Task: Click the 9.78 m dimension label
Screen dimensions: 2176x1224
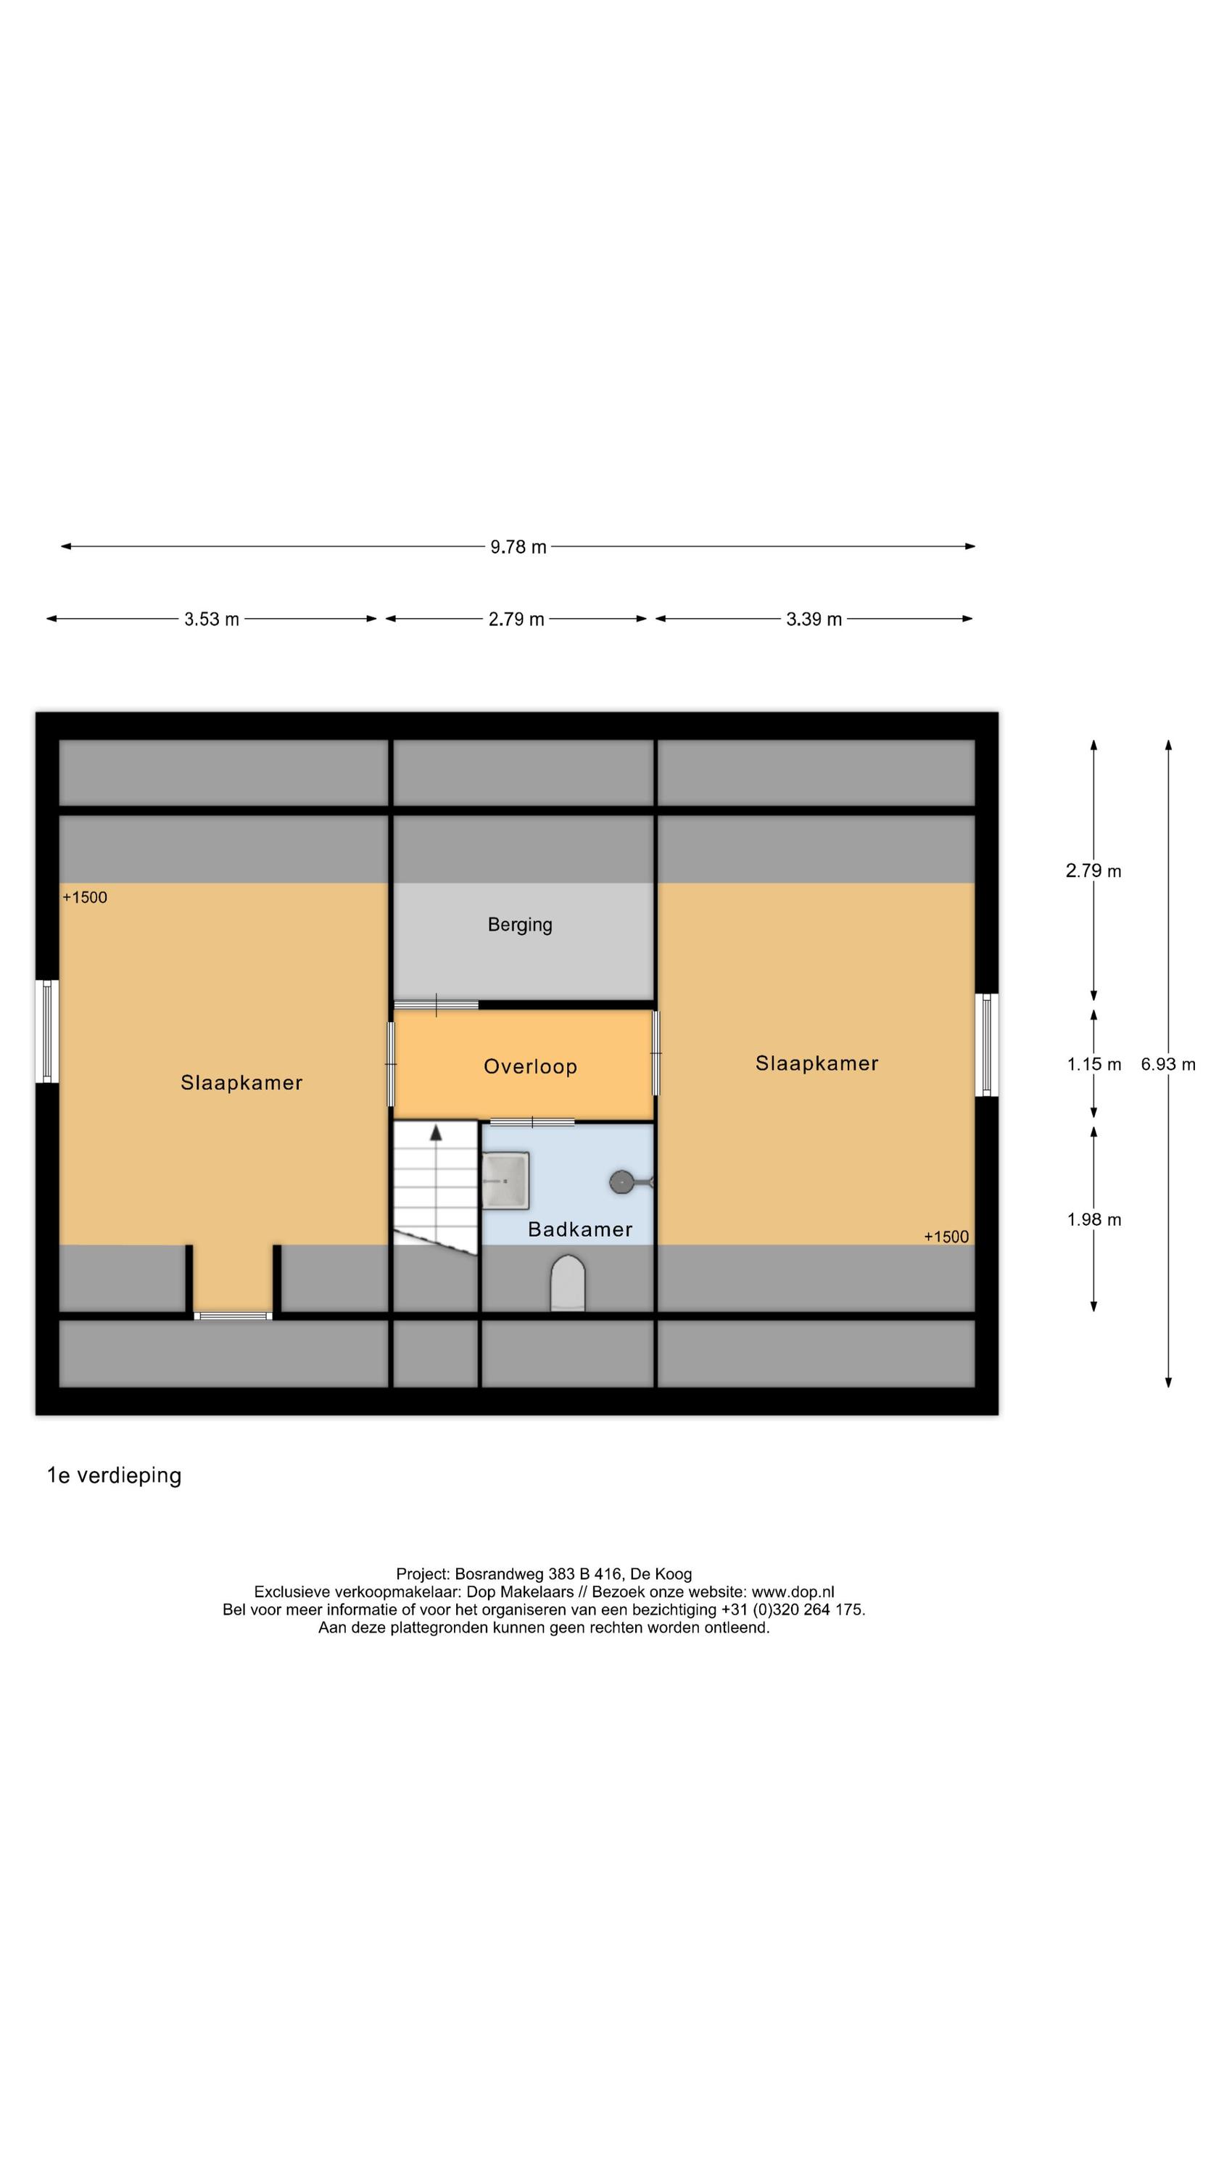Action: (x=518, y=546)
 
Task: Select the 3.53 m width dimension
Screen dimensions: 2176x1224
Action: (x=211, y=619)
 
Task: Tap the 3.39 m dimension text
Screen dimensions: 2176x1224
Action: (x=813, y=619)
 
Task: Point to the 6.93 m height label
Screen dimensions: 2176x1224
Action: (x=1167, y=1064)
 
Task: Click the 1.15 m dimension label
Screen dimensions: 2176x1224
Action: (x=1093, y=1064)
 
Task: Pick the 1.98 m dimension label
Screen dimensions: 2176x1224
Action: (x=1093, y=1219)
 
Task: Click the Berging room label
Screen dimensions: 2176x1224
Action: (x=519, y=924)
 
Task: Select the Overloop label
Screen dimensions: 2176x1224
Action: (x=529, y=1066)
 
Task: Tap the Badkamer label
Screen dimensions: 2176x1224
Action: (x=579, y=1229)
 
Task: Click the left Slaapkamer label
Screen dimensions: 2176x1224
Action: (x=241, y=1082)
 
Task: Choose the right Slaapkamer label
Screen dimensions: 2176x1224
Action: (x=816, y=1063)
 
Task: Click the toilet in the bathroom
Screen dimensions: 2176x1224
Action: (x=567, y=1284)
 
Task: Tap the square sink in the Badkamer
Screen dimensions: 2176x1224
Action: (x=505, y=1180)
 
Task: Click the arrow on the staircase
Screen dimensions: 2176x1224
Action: (x=436, y=1134)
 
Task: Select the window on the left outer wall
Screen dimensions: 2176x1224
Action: (x=47, y=1031)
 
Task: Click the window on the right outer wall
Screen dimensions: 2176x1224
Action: (x=985, y=1045)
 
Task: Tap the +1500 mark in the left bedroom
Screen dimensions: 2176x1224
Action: (x=84, y=897)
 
